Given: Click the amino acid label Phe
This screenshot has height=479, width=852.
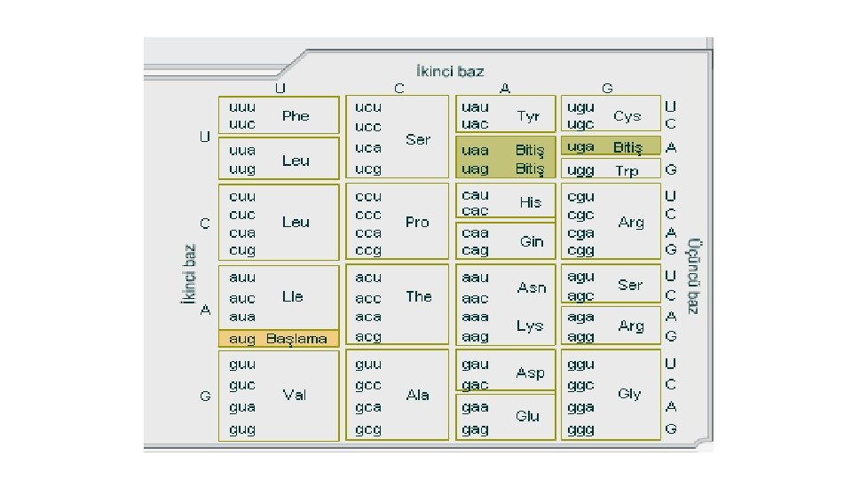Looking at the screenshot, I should [296, 115].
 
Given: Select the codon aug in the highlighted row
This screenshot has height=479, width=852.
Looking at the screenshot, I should [242, 338].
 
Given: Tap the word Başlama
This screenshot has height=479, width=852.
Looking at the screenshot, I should [296, 338].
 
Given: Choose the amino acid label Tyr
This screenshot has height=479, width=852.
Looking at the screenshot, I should [528, 115].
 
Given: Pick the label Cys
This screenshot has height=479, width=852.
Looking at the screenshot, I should [627, 115].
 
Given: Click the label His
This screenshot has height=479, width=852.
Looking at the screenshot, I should [530, 201].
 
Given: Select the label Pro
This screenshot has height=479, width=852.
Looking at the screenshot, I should [417, 222].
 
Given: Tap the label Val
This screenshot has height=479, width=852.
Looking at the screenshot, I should [295, 395].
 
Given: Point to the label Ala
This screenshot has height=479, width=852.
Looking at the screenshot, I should [417, 395].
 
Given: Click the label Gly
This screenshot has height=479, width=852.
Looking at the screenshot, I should [629, 393].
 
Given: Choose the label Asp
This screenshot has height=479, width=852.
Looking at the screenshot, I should [530, 373].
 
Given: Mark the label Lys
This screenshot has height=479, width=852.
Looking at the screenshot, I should [530, 326].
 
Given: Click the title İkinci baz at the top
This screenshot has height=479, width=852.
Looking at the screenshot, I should [450, 70].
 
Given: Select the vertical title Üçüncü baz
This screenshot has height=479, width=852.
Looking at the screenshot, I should [694, 275].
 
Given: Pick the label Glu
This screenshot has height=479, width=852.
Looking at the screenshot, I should [527, 415].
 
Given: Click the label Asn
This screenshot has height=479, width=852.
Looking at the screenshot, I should [532, 287].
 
